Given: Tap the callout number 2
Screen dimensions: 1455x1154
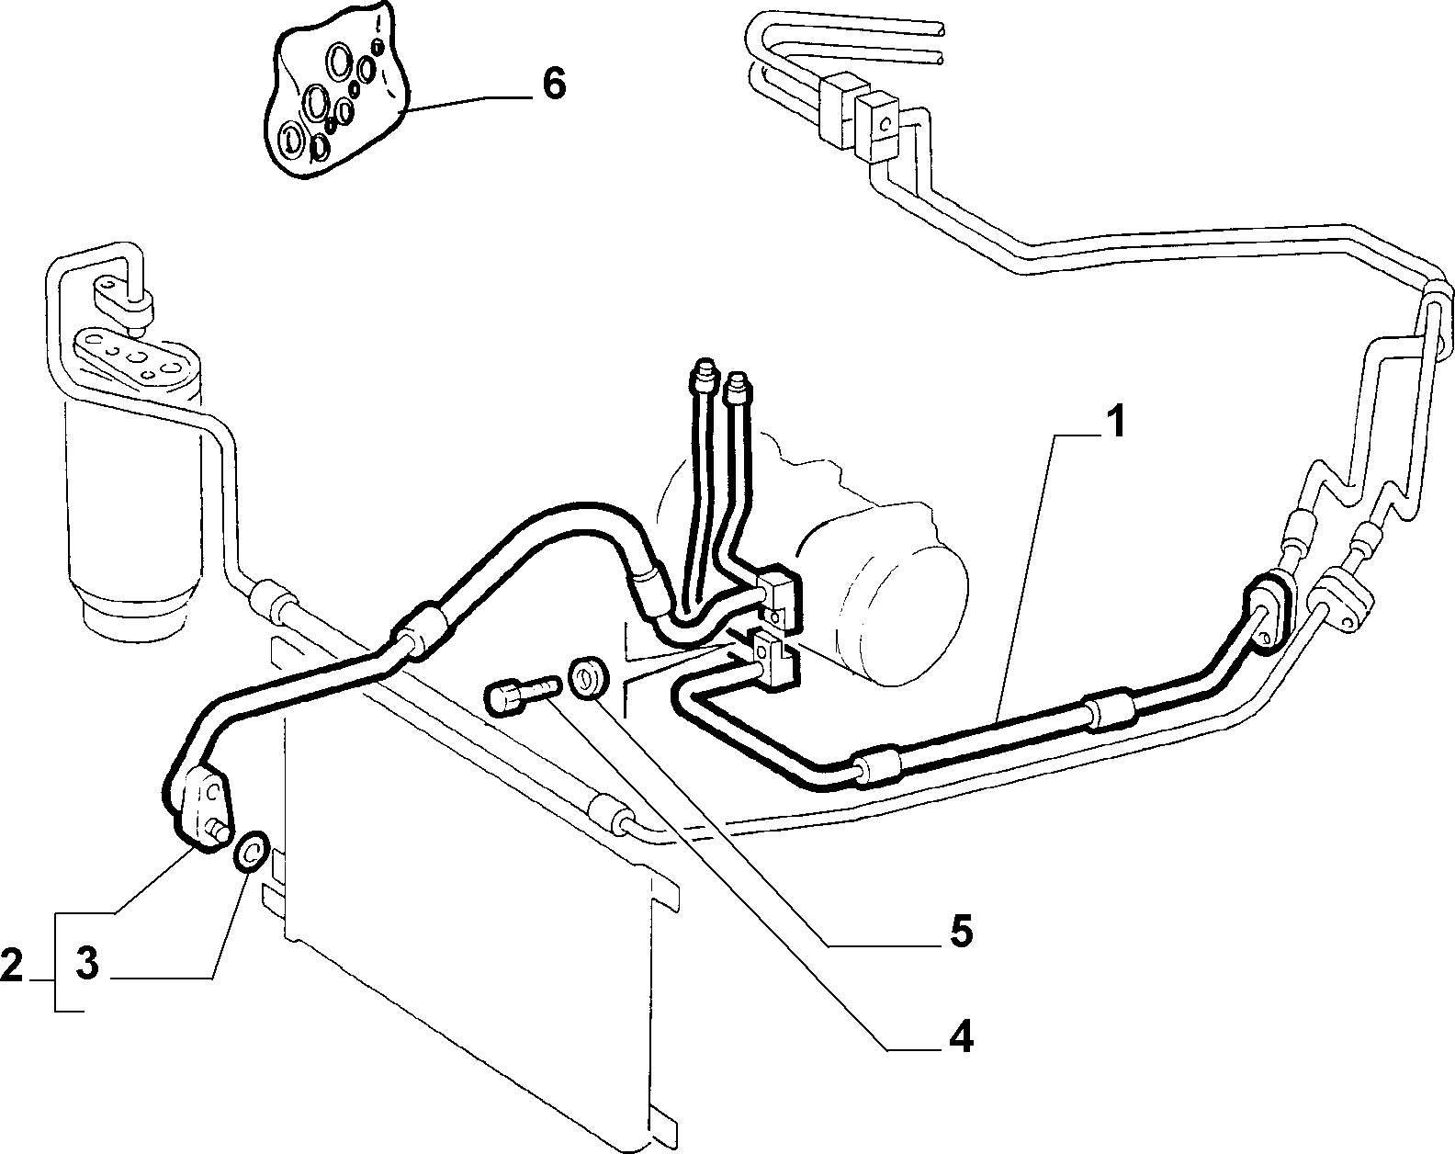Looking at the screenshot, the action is (12, 966).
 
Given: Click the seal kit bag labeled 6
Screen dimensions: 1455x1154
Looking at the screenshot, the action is (334, 95).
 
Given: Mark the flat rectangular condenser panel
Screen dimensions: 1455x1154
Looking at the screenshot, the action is (473, 879).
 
